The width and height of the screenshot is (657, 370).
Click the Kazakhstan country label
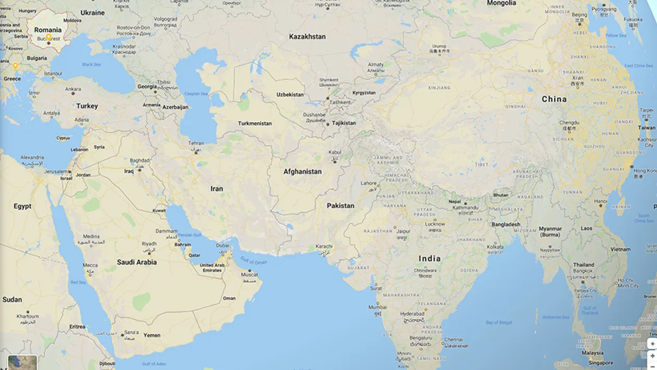[307, 37]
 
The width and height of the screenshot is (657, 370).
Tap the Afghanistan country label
[302, 172]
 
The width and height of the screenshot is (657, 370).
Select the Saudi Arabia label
[137, 262]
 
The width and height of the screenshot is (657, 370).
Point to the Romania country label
[48, 30]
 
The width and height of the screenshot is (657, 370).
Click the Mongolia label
[501, 3]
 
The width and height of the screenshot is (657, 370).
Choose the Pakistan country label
[340, 206]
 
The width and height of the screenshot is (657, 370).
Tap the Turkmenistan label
[255, 124]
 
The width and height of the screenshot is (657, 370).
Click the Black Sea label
[91, 65]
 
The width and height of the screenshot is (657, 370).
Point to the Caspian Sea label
[197, 94]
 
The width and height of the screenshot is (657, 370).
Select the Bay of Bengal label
[499, 323]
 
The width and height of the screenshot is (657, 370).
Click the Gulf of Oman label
[254, 261]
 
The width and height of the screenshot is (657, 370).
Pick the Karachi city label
[324, 246]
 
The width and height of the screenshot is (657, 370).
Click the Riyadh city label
[149, 244]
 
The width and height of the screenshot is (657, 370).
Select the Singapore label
[601, 363]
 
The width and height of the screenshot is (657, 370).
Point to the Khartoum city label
[28, 316]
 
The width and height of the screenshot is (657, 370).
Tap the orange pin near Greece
[16, 66]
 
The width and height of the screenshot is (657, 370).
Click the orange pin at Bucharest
[48, 37]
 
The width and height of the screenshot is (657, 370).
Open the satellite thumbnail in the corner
[22, 362]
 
